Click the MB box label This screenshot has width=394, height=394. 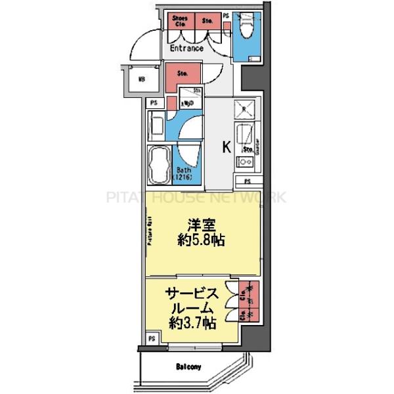click(141, 81)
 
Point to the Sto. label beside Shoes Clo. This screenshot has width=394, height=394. click(208, 21)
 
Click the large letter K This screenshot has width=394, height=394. click(225, 146)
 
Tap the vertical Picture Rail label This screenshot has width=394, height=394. click(150, 232)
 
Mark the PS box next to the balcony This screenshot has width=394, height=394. click(152, 339)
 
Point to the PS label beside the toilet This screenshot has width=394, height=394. click(227, 14)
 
